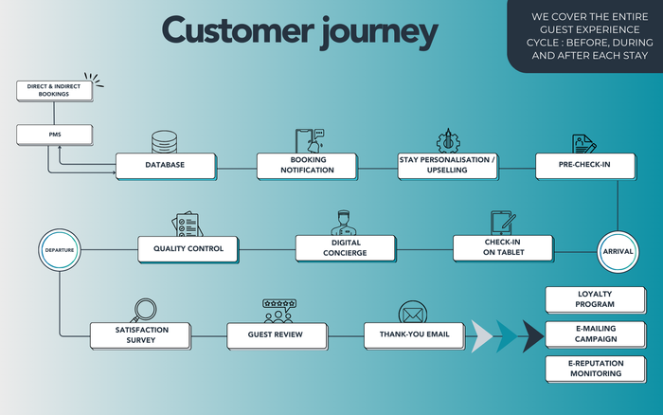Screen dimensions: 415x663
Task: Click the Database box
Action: pyautogui.click(x=166, y=166)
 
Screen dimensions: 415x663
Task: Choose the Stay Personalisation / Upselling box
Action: pyautogui.click(x=447, y=166)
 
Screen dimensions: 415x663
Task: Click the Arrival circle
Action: pyautogui.click(x=617, y=250)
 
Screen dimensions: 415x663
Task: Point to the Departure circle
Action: pyautogui.click(x=59, y=250)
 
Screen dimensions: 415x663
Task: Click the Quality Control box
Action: pyautogui.click(x=188, y=248)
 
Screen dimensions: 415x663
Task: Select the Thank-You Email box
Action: pyautogui.click(x=414, y=334)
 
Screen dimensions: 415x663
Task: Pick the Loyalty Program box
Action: pyautogui.click(x=596, y=299)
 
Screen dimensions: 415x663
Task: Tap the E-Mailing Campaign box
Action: pyautogui.click(x=596, y=334)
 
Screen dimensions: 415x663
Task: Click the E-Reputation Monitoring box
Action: pyautogui.click(x=596, y=369)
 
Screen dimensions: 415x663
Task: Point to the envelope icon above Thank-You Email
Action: pyautogui.click(x=413, y=311)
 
